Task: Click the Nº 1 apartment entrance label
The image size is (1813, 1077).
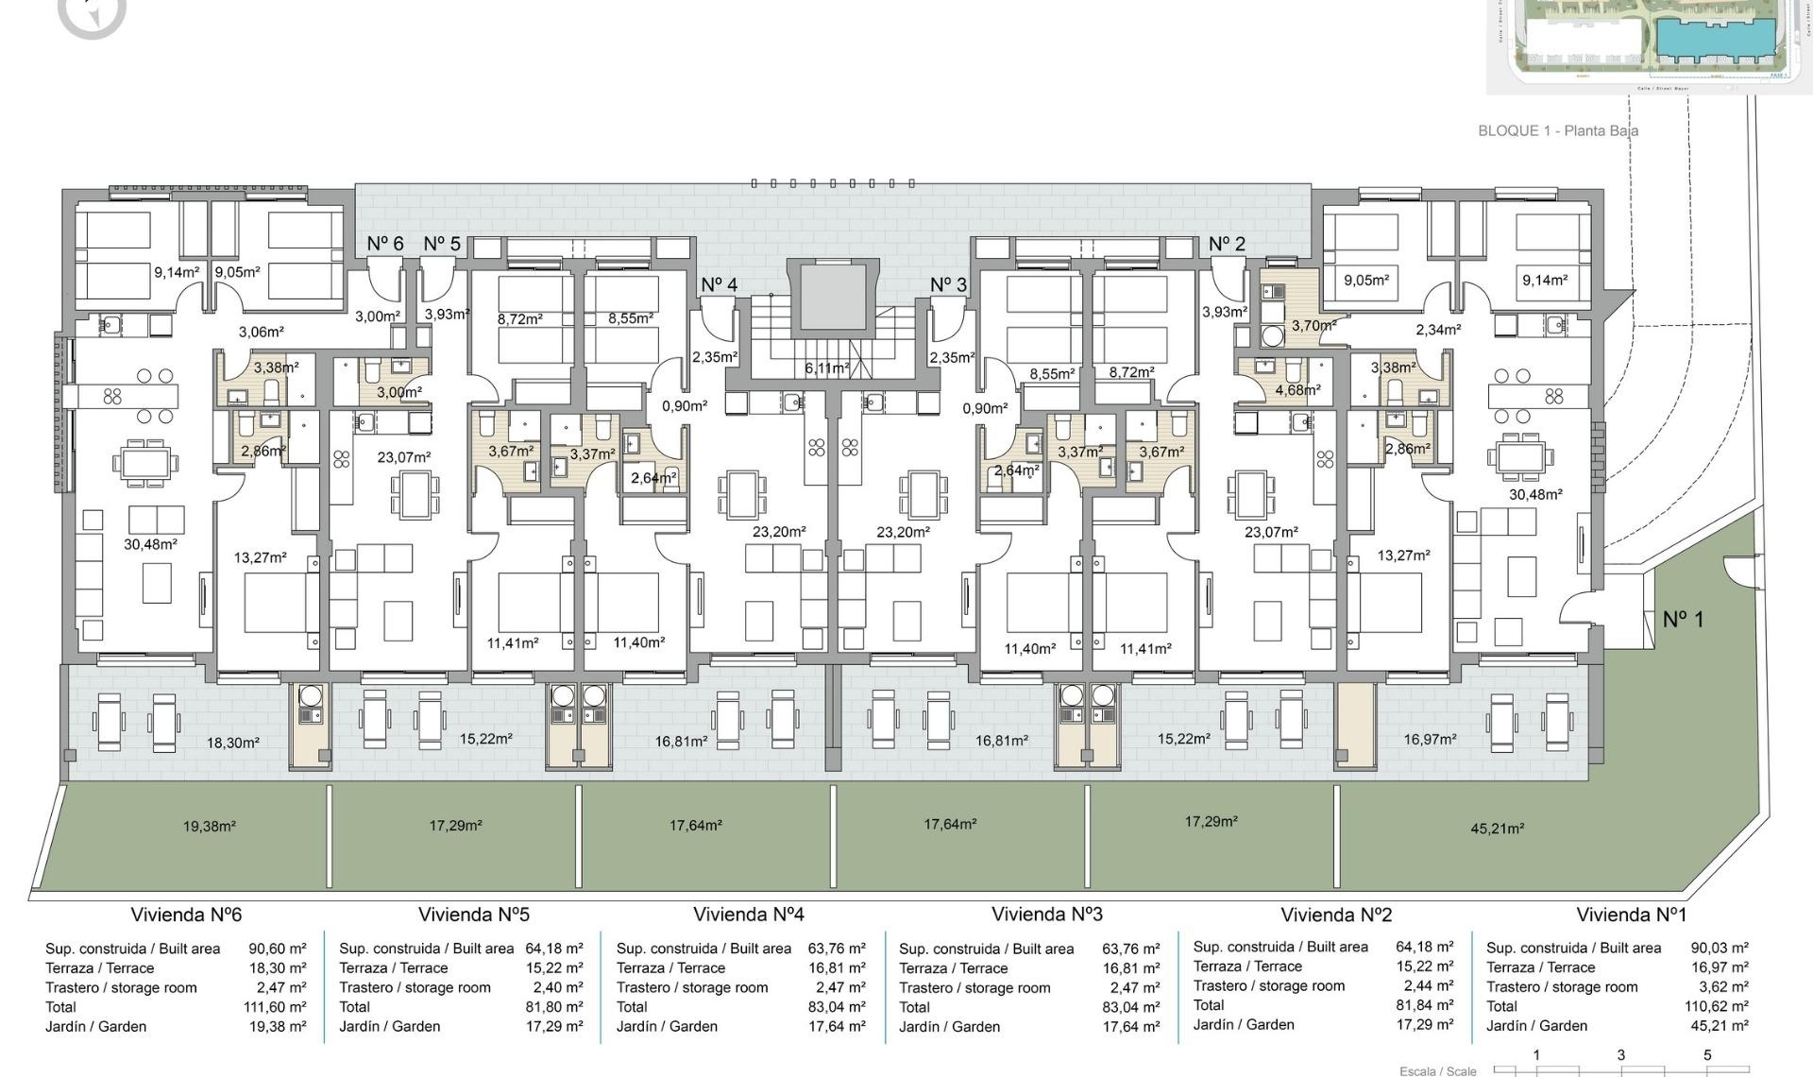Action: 1683,620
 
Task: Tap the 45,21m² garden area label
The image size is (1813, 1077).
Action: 1497,829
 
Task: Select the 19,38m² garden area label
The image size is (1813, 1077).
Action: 209,827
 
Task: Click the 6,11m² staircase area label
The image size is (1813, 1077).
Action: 826,368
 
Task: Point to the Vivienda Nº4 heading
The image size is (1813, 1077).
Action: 748,915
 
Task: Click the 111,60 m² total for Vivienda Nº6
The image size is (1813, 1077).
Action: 275,1007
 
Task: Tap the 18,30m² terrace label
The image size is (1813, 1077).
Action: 232,744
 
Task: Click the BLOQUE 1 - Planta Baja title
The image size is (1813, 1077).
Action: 1557,131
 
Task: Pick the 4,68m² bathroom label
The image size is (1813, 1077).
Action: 1297,389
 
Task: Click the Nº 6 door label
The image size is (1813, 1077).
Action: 385,244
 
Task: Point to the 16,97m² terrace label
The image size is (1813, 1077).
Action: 1430,739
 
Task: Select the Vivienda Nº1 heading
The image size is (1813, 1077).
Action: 1631,915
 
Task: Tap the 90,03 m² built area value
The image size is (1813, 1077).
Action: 1720,948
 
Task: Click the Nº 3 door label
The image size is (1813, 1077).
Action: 948,284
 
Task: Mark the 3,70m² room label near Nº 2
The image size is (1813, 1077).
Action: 1313,325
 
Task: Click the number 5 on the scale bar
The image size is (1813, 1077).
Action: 1707,1055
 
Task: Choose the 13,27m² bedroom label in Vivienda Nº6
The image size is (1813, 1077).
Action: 260,558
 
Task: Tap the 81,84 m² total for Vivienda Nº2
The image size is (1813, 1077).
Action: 1425,1005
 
